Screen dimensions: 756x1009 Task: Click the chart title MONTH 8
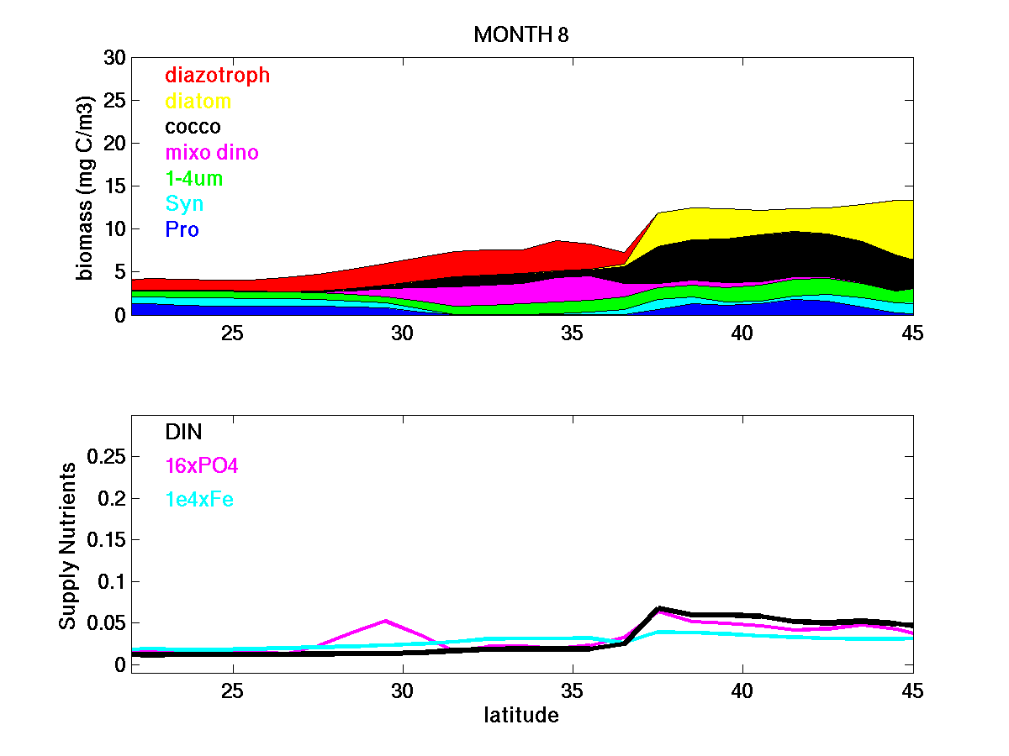[522, 35]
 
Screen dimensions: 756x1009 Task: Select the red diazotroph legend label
[217, 75]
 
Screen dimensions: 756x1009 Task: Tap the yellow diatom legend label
[198, 102]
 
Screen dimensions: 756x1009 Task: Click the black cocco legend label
[193, 127]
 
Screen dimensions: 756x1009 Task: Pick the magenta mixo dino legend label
[212, 153]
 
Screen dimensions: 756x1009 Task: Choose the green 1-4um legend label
[194, 179]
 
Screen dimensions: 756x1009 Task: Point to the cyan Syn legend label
[184, 204]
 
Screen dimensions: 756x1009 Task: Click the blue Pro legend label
[182, 229]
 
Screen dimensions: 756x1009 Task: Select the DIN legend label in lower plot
[183, 432]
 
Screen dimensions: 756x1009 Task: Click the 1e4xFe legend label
[199, 500]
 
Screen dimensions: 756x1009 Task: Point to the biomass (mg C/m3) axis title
[86, 186]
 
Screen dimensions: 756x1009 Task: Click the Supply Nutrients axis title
[68, 544]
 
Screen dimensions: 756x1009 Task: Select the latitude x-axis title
[521, 716]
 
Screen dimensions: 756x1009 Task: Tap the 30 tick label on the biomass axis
[114, 58]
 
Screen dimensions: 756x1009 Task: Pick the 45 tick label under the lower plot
[912, 690]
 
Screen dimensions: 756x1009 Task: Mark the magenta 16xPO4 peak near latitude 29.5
[385, 621]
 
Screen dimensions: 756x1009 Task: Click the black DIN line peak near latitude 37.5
[659, 608]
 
